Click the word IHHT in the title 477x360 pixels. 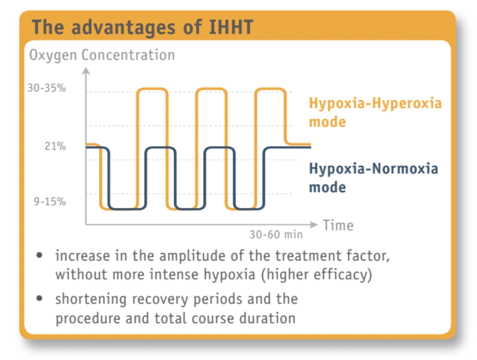pos(231,27)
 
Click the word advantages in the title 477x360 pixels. pos(123,27)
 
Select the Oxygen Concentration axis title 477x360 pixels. pos(102,55)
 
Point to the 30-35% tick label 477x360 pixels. pos(46,88)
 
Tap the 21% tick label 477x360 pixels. pos(55,146)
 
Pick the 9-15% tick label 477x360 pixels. pos(50,201)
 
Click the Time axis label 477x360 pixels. pos(338,225)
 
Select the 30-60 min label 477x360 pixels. pos(276,234)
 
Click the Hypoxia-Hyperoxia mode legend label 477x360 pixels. pos(375,112)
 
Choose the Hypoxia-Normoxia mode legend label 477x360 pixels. pos(373,177)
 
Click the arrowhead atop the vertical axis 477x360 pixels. pos(86,70)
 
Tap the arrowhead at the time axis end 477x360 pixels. pos(314,224)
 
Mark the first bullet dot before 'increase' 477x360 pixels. pos(39,255)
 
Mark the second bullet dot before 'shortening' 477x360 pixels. pos(39,298)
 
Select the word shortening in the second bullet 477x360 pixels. pos(90,299)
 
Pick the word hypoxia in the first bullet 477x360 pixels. pos(229,275)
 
